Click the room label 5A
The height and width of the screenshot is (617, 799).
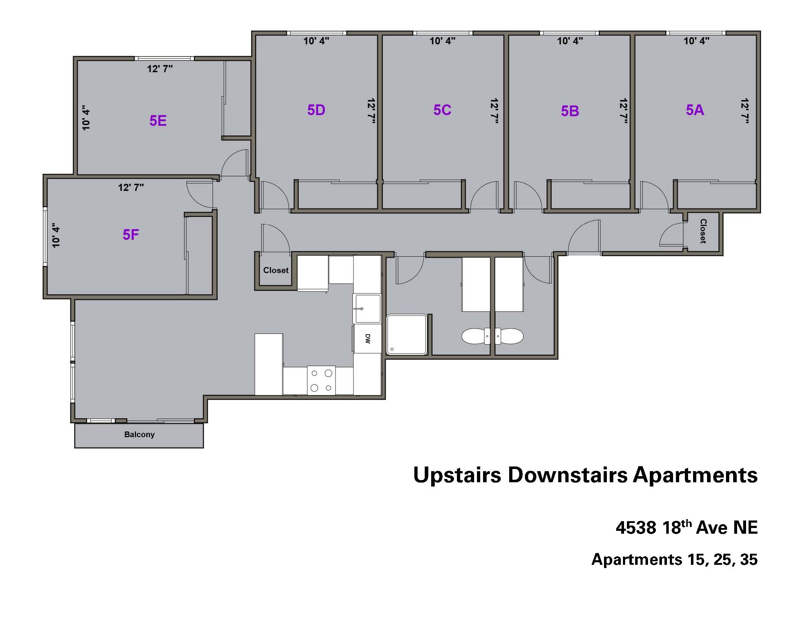coord(695,110)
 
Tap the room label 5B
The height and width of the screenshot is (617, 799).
coord(570,111)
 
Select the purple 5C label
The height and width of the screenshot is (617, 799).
coord(442,110)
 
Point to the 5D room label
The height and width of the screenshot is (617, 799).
coord(316,110)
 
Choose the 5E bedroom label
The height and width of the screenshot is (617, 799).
coord(158,120)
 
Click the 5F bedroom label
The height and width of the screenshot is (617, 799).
coord(131,235)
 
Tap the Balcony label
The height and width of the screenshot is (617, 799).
coord(140,434)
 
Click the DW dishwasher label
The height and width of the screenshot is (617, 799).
coord(368,339)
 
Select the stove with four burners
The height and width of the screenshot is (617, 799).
coord(321,380)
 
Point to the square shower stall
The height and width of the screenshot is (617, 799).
coord(407,335)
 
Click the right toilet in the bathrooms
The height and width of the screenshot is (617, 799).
coord(509,336)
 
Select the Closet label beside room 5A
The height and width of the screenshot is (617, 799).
coord(703,231)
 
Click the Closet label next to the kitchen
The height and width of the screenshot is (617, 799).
coord(276,271)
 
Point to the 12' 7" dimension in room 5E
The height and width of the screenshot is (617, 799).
coord(160,69)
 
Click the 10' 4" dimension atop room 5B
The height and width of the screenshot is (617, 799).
coord(570,41)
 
